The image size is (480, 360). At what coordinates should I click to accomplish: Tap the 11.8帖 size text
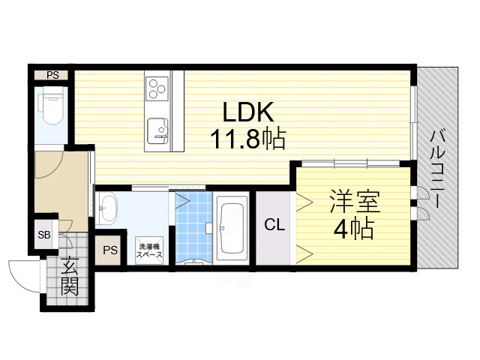(x=241, y=139)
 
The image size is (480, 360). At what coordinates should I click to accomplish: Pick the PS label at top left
(x=52, y=74)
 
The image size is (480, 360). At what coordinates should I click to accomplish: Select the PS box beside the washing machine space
(x=110, y=250)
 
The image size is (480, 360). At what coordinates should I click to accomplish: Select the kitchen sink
(x=158, y=130)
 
